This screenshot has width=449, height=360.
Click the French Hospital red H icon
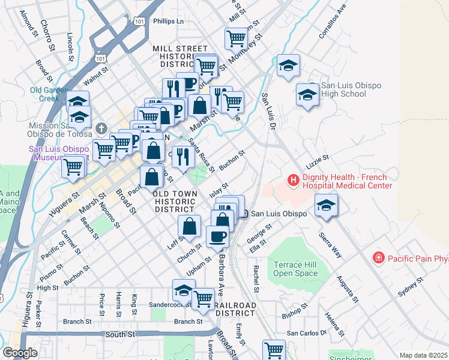[x=293, y=179]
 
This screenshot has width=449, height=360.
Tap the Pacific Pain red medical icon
[x=379, y=258]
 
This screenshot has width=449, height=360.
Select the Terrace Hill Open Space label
[x=295, y=269]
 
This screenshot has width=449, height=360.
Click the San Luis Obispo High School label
[x=343, y=90]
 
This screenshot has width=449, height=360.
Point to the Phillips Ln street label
[x=168, y=21]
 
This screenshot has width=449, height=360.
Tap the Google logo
[x=20, y=353]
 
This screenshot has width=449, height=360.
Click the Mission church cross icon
[x=101, y=128]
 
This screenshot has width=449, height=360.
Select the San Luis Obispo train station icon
[x=243, y=214]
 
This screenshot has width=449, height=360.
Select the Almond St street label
[x=26, y=21]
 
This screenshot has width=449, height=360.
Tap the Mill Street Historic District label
[x=179, y=56]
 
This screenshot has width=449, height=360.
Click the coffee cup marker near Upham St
[x=217, y=236]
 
